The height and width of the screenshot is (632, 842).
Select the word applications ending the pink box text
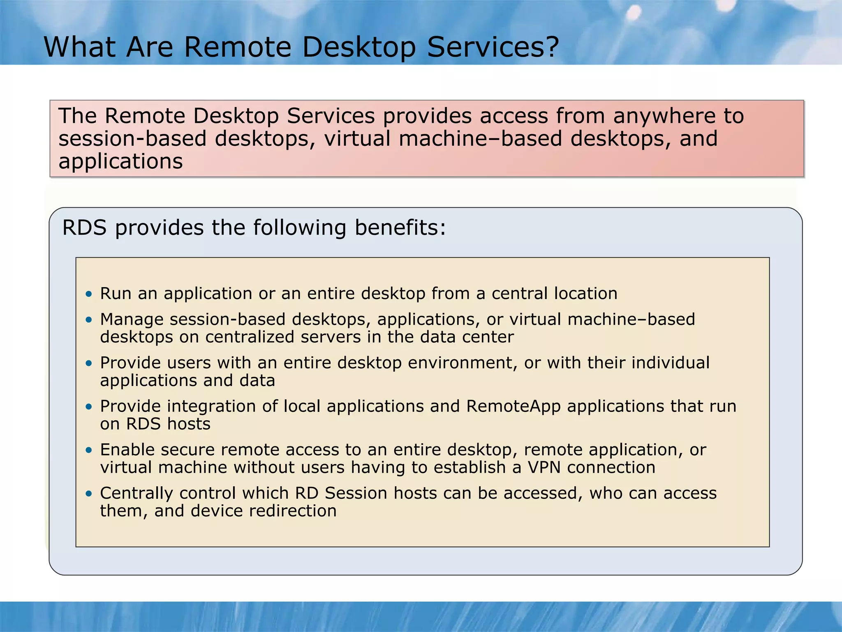coord(120,162)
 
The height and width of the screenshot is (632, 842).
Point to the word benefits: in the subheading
coord(400,228)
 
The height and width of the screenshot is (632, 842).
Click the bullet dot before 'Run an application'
coord(89,294)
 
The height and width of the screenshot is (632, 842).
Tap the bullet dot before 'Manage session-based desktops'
coord(89,320)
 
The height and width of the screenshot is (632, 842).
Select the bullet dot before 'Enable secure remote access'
coord(89,450)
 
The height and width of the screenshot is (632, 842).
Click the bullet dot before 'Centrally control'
coord(89,493)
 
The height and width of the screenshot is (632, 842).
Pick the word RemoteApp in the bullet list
coord(514,407)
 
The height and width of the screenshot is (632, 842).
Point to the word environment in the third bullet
coord(463,363)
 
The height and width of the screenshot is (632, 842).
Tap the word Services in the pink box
coord(331,116)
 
